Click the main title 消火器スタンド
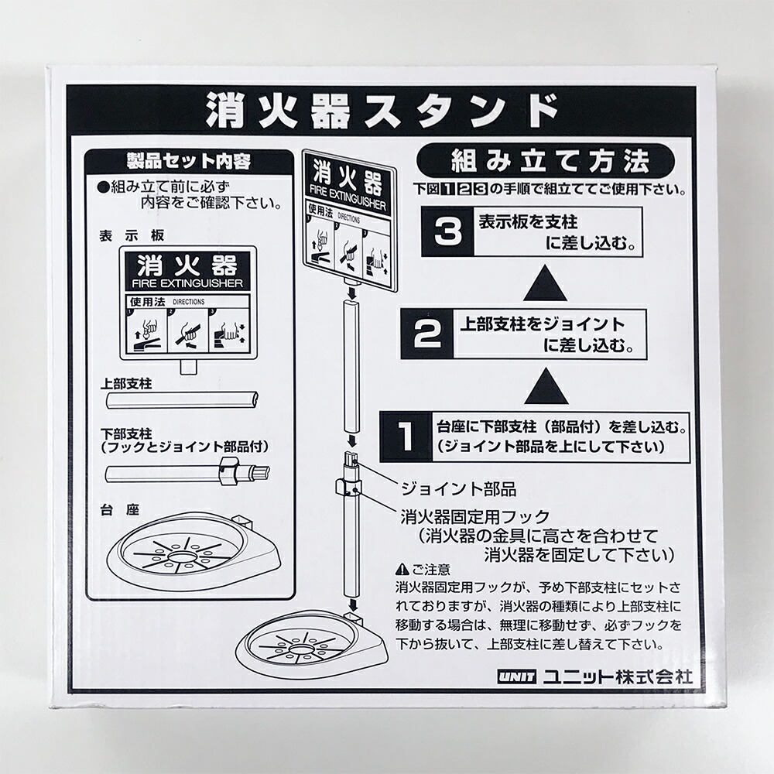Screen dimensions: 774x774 pos(381,111)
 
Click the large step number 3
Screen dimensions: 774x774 pos(447,232)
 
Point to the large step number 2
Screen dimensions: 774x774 pos(427,334)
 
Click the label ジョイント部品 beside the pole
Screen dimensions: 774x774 pos(458,488)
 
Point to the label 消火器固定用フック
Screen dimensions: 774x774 pos(475,515)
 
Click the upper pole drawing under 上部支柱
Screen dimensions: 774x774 pos(182,401)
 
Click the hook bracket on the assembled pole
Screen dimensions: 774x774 pos(344,488)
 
